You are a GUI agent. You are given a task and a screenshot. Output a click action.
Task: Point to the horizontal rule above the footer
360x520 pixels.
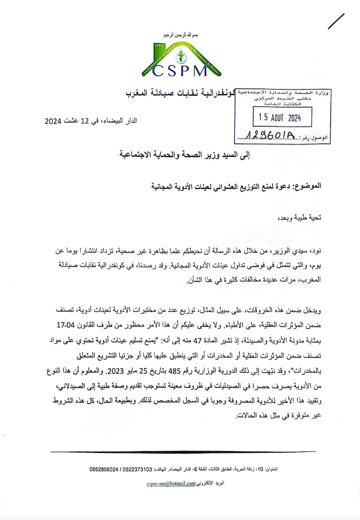tap(183, 452)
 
